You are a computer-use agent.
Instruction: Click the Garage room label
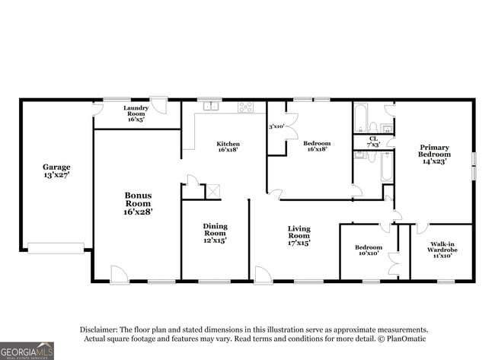pos(56,171)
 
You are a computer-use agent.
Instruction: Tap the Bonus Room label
pos(138,204)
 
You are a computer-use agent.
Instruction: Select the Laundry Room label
pos(136,113)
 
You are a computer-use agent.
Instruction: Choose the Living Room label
pos(299,236)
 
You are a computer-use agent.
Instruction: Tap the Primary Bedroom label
pos(434,154)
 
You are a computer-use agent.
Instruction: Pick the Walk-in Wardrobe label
pos(442,248)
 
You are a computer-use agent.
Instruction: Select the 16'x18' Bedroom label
pos(316,146)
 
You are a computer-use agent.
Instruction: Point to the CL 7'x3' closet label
pos(373,142)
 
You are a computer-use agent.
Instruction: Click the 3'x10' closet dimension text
pos(276,126)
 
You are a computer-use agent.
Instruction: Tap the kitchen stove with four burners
pos(245,107)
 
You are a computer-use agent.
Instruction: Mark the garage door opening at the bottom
pos(56,247)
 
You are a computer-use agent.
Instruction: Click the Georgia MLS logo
pos(27,350)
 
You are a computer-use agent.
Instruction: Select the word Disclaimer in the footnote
pos(101,330)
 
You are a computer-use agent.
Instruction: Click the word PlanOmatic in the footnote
pos(407,339)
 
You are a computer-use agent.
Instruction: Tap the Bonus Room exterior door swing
pos(120,274)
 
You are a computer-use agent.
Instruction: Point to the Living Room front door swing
pos(263,274)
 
